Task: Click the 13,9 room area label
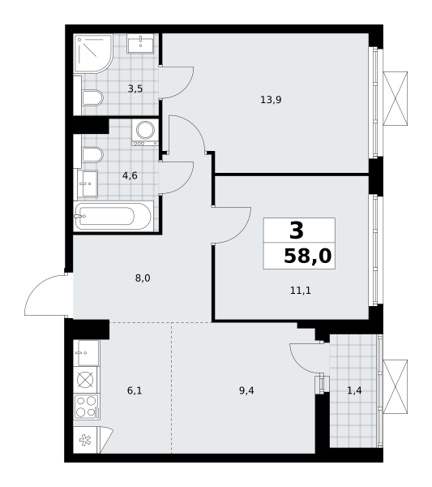click(x=271, y=100)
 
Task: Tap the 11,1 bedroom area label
click(x=300, y=291)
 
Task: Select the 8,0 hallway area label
click(x=143, y=278)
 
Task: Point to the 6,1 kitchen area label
click(x=135, y=390)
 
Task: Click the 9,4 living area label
click(x=246, y=390)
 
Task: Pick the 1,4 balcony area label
click(x=354, y=390)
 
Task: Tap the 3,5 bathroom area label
click(x=135, y=88)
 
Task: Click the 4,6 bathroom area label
click(x=130, y=176)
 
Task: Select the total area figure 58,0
click(x=308, y=256)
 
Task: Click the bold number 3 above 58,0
click(x=297, y=231)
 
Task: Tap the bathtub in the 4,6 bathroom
click(x=113, y=216)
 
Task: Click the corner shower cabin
click(x=94, y=54)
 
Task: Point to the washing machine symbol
click(x=145, y=132)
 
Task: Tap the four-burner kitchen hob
click(x=87, y=407)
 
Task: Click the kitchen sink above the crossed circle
click(x=87, y=353)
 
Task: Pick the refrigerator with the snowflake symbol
click(x=86, y=440)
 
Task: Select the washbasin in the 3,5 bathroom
click(x=140, y=44)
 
